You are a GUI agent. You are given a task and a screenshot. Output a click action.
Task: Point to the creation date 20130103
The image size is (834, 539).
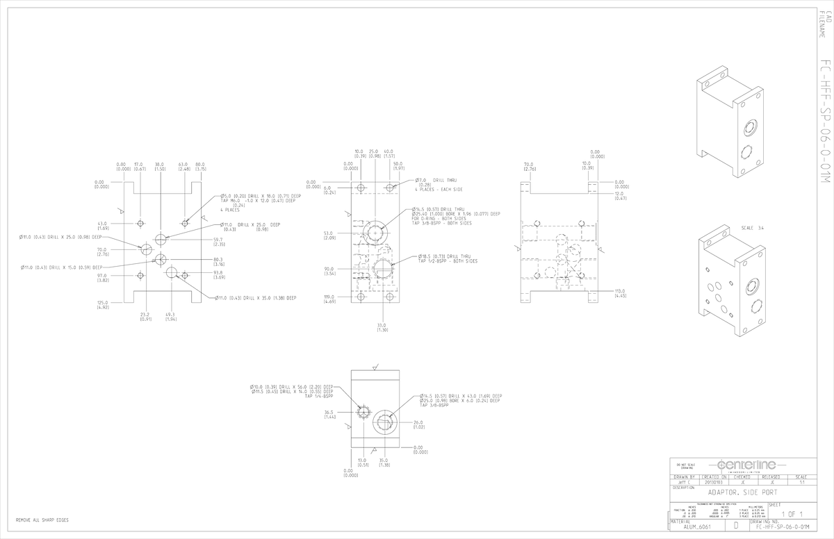coord(714,481)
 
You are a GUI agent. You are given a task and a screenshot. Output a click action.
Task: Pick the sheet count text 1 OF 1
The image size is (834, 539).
coord(792,514)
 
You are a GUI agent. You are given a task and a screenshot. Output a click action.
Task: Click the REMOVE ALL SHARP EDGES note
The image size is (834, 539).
coord(42,520)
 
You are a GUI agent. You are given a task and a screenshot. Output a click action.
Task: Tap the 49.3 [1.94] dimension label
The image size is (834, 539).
coord(171,317)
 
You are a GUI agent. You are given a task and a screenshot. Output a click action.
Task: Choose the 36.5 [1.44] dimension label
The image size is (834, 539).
coord(329,415)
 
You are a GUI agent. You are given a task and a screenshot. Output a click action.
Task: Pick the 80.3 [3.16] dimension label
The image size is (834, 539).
coord(219,262)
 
